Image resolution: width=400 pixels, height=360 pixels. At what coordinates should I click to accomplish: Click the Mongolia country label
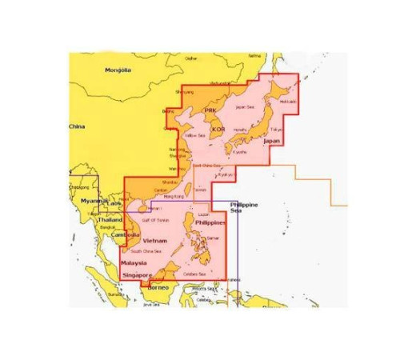click(118, 70)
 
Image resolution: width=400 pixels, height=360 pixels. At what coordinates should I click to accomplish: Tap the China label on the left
click(77, 126)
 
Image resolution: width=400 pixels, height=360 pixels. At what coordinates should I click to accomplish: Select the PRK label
click(210, 110)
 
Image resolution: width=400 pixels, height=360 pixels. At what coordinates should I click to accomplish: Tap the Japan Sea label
click(244, 106)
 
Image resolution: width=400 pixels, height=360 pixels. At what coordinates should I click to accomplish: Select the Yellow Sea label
click(196, 135)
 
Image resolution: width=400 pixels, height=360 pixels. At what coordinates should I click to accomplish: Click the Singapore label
click(137, 275)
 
